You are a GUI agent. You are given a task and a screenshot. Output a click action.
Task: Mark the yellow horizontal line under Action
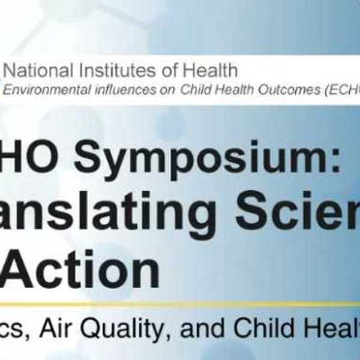(180, 305)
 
